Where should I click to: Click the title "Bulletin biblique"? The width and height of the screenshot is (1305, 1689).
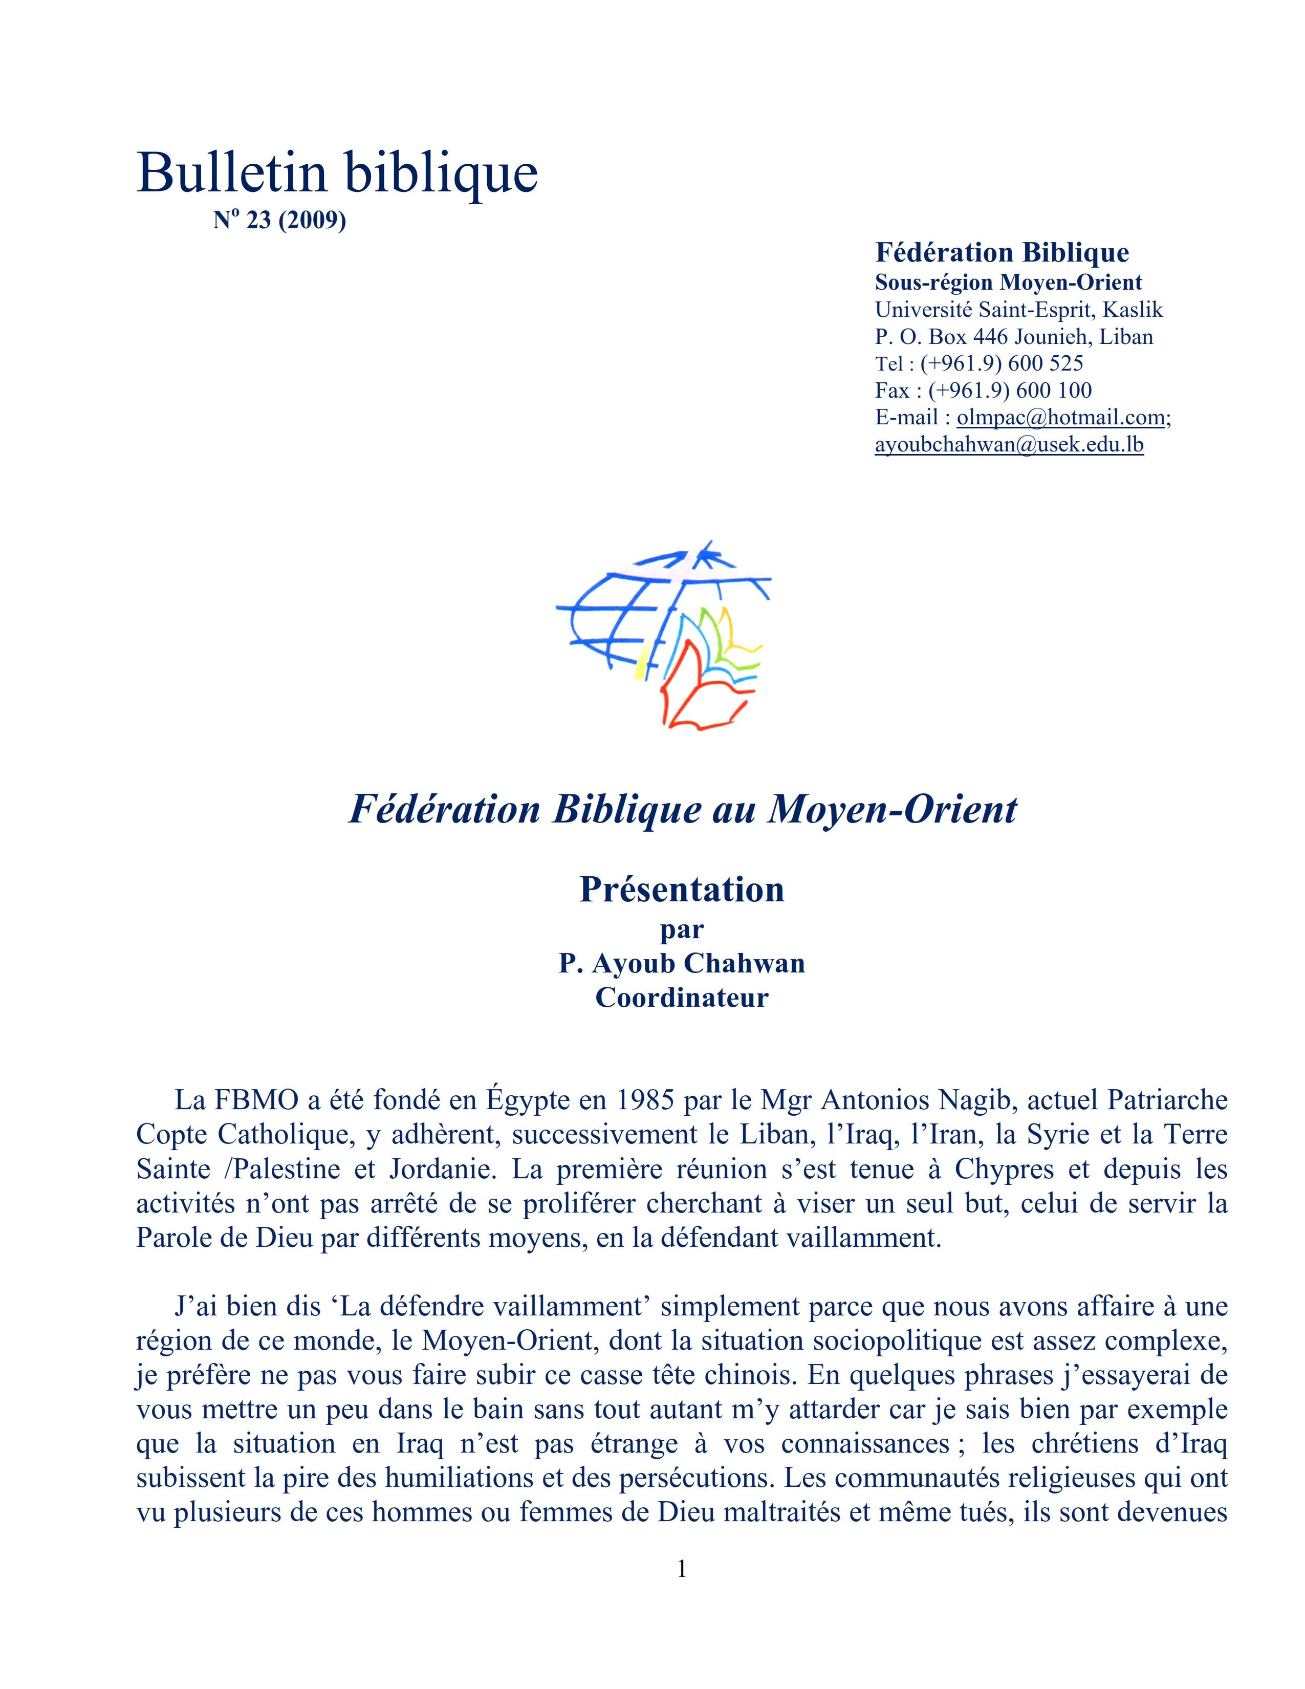337,172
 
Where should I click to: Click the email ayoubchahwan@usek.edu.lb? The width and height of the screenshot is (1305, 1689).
1008,445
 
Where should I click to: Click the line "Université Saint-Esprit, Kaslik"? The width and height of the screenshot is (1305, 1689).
1018,310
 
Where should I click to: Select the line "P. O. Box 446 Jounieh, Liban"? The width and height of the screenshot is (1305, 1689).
1013,337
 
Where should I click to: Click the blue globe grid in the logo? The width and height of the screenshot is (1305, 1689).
619,611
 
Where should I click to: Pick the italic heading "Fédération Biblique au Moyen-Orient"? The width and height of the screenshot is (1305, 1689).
683,810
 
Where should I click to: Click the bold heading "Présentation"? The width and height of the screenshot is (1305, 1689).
682,890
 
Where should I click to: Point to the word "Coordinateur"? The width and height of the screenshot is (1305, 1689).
682,998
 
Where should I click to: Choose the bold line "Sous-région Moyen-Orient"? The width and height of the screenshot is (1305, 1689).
1008,283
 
